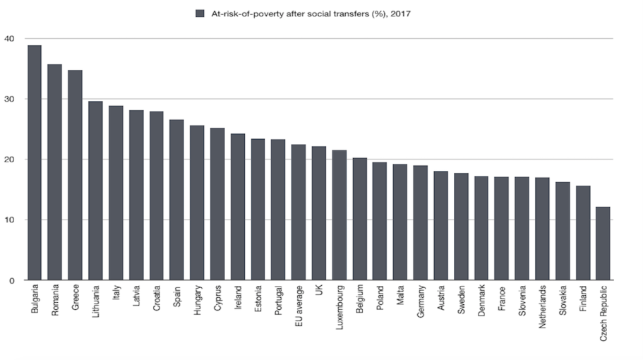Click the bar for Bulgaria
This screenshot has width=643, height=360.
tap(35, 162)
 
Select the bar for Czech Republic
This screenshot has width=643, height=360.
tap(603, 244)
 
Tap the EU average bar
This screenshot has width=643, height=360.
tap(299, 212)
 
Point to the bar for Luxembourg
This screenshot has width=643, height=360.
tap(339, 215)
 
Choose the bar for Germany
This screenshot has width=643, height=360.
tap(420, 223)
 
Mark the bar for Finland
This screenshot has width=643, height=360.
tap(583, 233)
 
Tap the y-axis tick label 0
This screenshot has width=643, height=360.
tap(11, 280)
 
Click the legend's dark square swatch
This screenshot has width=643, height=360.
tap(200, 13)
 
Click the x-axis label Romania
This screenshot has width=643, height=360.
tap(55, 299)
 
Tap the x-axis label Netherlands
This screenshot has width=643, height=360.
tap(543, 305)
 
